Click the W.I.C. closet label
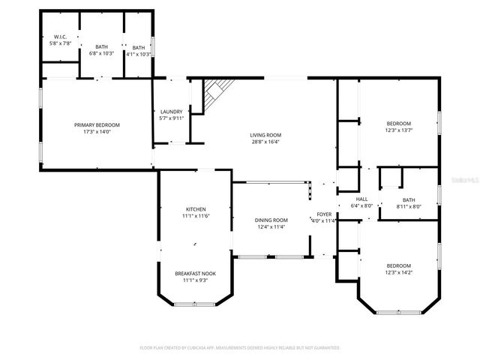pyautogui.click(x=59, y=37)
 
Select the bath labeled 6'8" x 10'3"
pyautogui.click(x=101, y=47)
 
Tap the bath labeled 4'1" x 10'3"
pyautogui.click(x=139, y=47)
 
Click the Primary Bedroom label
pyautogui.click(x=97, y=124)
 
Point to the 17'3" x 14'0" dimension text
pyautogui.click(x=97, y=132)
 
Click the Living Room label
pyautogui.click(x=265, y=135)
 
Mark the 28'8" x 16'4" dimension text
pyautogui.click(x=265, y=142)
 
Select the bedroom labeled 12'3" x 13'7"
pyautogui.click(x=398, y=124)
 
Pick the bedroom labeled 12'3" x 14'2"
pyautogui.click(x=398, y=265)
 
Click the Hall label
pyautogui.click(x=361, y=199)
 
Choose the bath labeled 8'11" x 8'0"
pyautogui.click(x=408, y=199)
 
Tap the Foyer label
pyautogui.click(x=324, y=214)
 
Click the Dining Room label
pyautogui.click(x=271, y=220)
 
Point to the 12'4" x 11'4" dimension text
pyautogui.click(x=271, y=227)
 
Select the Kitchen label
pyautogui.click(x=196, y=209)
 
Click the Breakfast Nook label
pyautogui.click(x=196, y=274)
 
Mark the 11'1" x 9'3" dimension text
pyautogui.click(x=196, y=280)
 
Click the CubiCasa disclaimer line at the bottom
pyautogui.click(x=240, y=348)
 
